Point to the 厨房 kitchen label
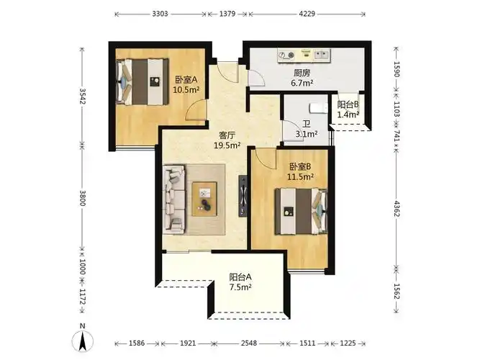coord(302,73)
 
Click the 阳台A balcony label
coord(240,276)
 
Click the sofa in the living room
coord(174,197)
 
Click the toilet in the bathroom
coord(314,107)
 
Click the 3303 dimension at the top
coord(160,14)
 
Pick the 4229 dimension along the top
coord(307,14)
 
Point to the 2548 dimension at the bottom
coord(250,343)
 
